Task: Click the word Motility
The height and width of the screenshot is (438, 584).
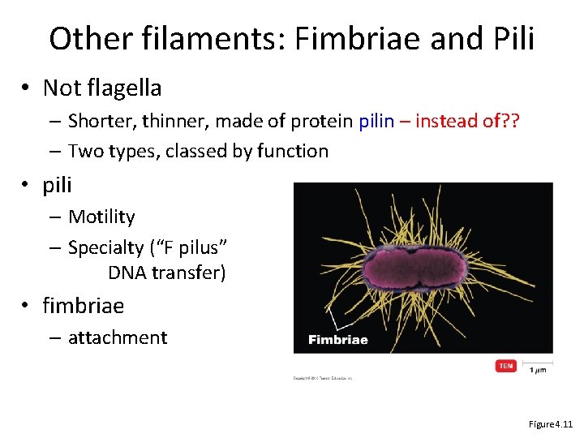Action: [x=101, y=217]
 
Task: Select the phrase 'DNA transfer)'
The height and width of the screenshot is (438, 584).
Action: [x=166, y=273]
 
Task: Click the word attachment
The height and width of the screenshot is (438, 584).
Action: [x=118, y=337]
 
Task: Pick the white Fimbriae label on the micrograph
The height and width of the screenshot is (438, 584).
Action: [x=337, y=339]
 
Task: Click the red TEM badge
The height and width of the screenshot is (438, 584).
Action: [x=506, y=366]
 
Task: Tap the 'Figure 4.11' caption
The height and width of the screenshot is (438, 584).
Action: [x=551, y=424]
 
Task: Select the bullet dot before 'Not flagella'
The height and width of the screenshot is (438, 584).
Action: [x=28, y=88]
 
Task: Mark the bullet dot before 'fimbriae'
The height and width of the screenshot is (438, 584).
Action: [x=28, y=306]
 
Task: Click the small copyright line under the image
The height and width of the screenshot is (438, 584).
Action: [x=323, y=378]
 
